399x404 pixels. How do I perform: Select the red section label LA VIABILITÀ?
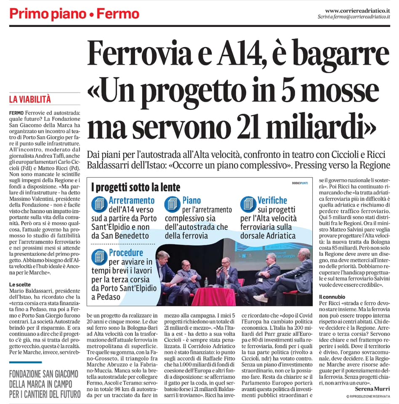30,100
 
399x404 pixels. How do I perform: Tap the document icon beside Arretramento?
99,204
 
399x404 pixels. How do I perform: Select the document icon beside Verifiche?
248,204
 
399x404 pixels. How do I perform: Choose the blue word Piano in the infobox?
192,200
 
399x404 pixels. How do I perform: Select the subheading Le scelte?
19,284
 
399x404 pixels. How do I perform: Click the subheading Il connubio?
332,297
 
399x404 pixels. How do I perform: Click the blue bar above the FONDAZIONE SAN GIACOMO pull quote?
25,362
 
